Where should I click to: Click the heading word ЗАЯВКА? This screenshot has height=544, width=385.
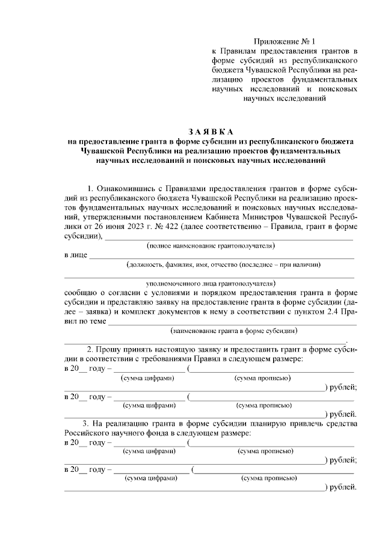coord(210,132)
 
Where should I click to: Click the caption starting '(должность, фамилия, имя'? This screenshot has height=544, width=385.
coord(223,264)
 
